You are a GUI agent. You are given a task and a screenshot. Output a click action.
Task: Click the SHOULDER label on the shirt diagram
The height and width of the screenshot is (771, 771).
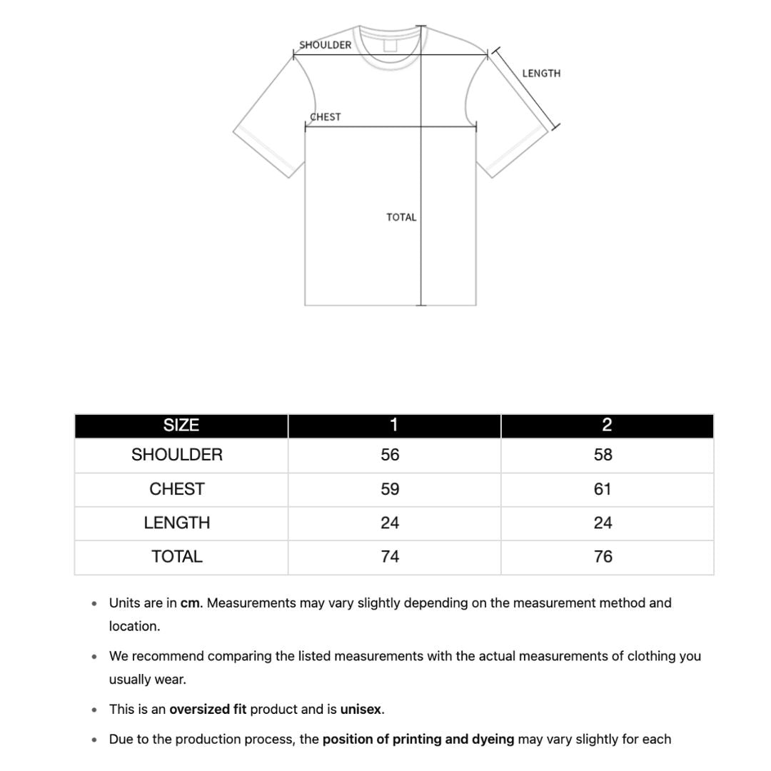point(325,45)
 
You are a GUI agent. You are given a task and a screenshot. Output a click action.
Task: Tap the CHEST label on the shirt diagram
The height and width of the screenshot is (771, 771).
point(326,117)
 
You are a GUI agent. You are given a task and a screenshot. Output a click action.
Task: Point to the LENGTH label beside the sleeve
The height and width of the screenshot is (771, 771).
point(541,74)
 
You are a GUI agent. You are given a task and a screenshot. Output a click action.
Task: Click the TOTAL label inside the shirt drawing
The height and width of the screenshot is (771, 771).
point(401,217)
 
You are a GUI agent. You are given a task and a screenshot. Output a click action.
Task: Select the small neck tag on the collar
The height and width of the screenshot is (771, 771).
point(390,46)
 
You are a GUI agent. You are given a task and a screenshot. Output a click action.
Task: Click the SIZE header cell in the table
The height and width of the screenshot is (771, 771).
point(181,425)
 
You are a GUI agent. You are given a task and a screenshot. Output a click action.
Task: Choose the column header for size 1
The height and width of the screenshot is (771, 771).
point(393,425)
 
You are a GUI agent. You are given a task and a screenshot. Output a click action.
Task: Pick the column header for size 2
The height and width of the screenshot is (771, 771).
point(607,425)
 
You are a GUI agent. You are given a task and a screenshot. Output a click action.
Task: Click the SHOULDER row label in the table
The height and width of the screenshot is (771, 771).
point(177,455)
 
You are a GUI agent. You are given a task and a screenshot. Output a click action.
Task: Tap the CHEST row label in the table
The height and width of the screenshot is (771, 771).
point(177,489)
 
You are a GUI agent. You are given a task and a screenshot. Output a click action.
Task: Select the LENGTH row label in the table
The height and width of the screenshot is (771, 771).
point(177,523)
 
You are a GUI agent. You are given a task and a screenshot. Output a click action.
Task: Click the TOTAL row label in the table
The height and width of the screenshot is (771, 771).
point(177,556)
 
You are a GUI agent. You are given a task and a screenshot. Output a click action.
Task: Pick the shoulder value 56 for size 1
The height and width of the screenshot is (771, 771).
point(390,455)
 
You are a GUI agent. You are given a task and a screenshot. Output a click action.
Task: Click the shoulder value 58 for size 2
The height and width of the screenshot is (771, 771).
point(603,455)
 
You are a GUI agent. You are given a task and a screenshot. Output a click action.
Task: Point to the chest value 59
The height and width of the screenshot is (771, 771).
point(390,489)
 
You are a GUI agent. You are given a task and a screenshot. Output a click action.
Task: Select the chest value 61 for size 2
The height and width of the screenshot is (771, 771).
point(603,489)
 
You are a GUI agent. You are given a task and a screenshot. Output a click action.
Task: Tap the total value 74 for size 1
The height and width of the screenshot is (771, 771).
point(390,556)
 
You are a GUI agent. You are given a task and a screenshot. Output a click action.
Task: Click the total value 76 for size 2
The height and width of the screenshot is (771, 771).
point(603,556)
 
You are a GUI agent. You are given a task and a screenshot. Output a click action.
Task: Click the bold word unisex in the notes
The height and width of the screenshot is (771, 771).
point(361,710)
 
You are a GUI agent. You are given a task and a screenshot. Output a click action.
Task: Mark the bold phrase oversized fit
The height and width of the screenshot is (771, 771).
point(208,710)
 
